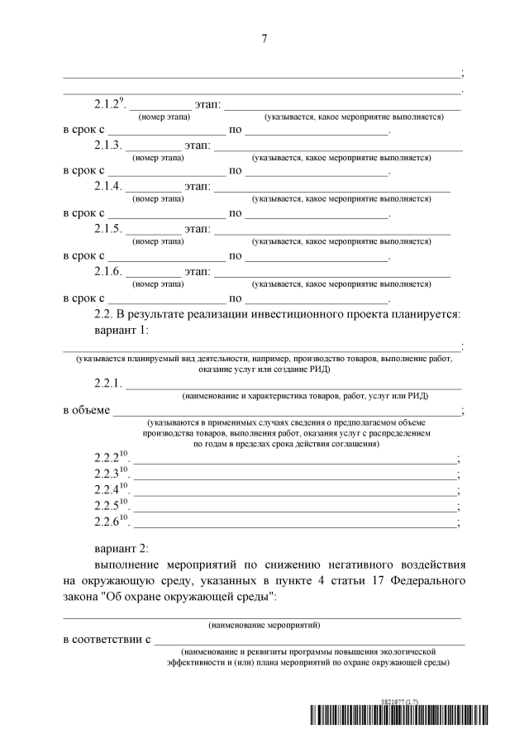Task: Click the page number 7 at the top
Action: coord(264,38)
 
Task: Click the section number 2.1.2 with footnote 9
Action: coord(109,105)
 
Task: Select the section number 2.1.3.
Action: coord(108,146)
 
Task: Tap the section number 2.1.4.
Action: coord(108,187)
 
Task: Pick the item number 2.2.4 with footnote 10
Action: coord(112,489)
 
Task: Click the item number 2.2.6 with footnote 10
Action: coord(112,522)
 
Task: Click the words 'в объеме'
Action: coord(86,410)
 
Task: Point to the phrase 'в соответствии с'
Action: coord(107,639)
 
